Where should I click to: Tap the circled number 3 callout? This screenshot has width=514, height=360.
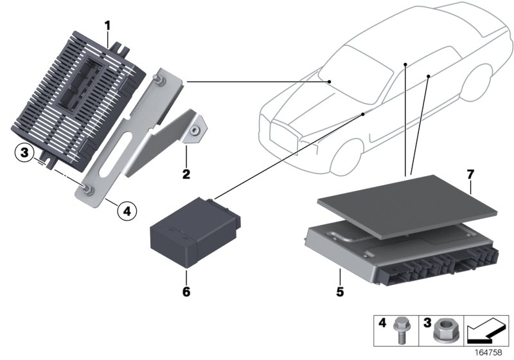tap(24, 153)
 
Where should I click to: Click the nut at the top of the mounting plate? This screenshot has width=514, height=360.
tap(157, 79)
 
